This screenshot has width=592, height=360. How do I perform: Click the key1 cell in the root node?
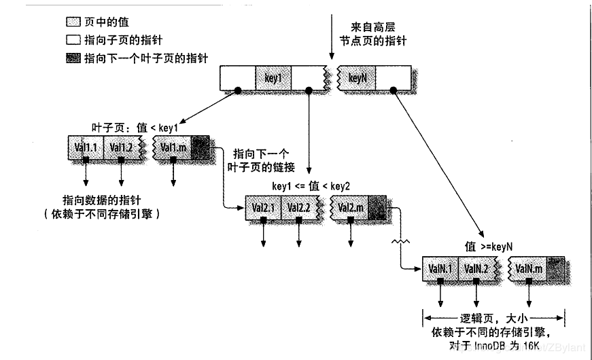click(x=273, y=78)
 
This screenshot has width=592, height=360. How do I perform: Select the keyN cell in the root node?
click(x=358, y=78)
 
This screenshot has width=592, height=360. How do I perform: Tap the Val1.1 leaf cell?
click(x=86, y=147)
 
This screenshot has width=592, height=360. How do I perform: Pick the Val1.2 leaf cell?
click(x=121, y=147)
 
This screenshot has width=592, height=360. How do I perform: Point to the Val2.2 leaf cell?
click(x=298, y=207)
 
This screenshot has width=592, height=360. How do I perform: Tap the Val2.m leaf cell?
click(x=351, y=207)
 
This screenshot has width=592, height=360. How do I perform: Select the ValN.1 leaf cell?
click(x=440, y=269)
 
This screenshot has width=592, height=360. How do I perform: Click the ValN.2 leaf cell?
click(x=476, y=269)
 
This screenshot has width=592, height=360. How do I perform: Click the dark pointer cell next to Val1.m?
click(x=201, y=147)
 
